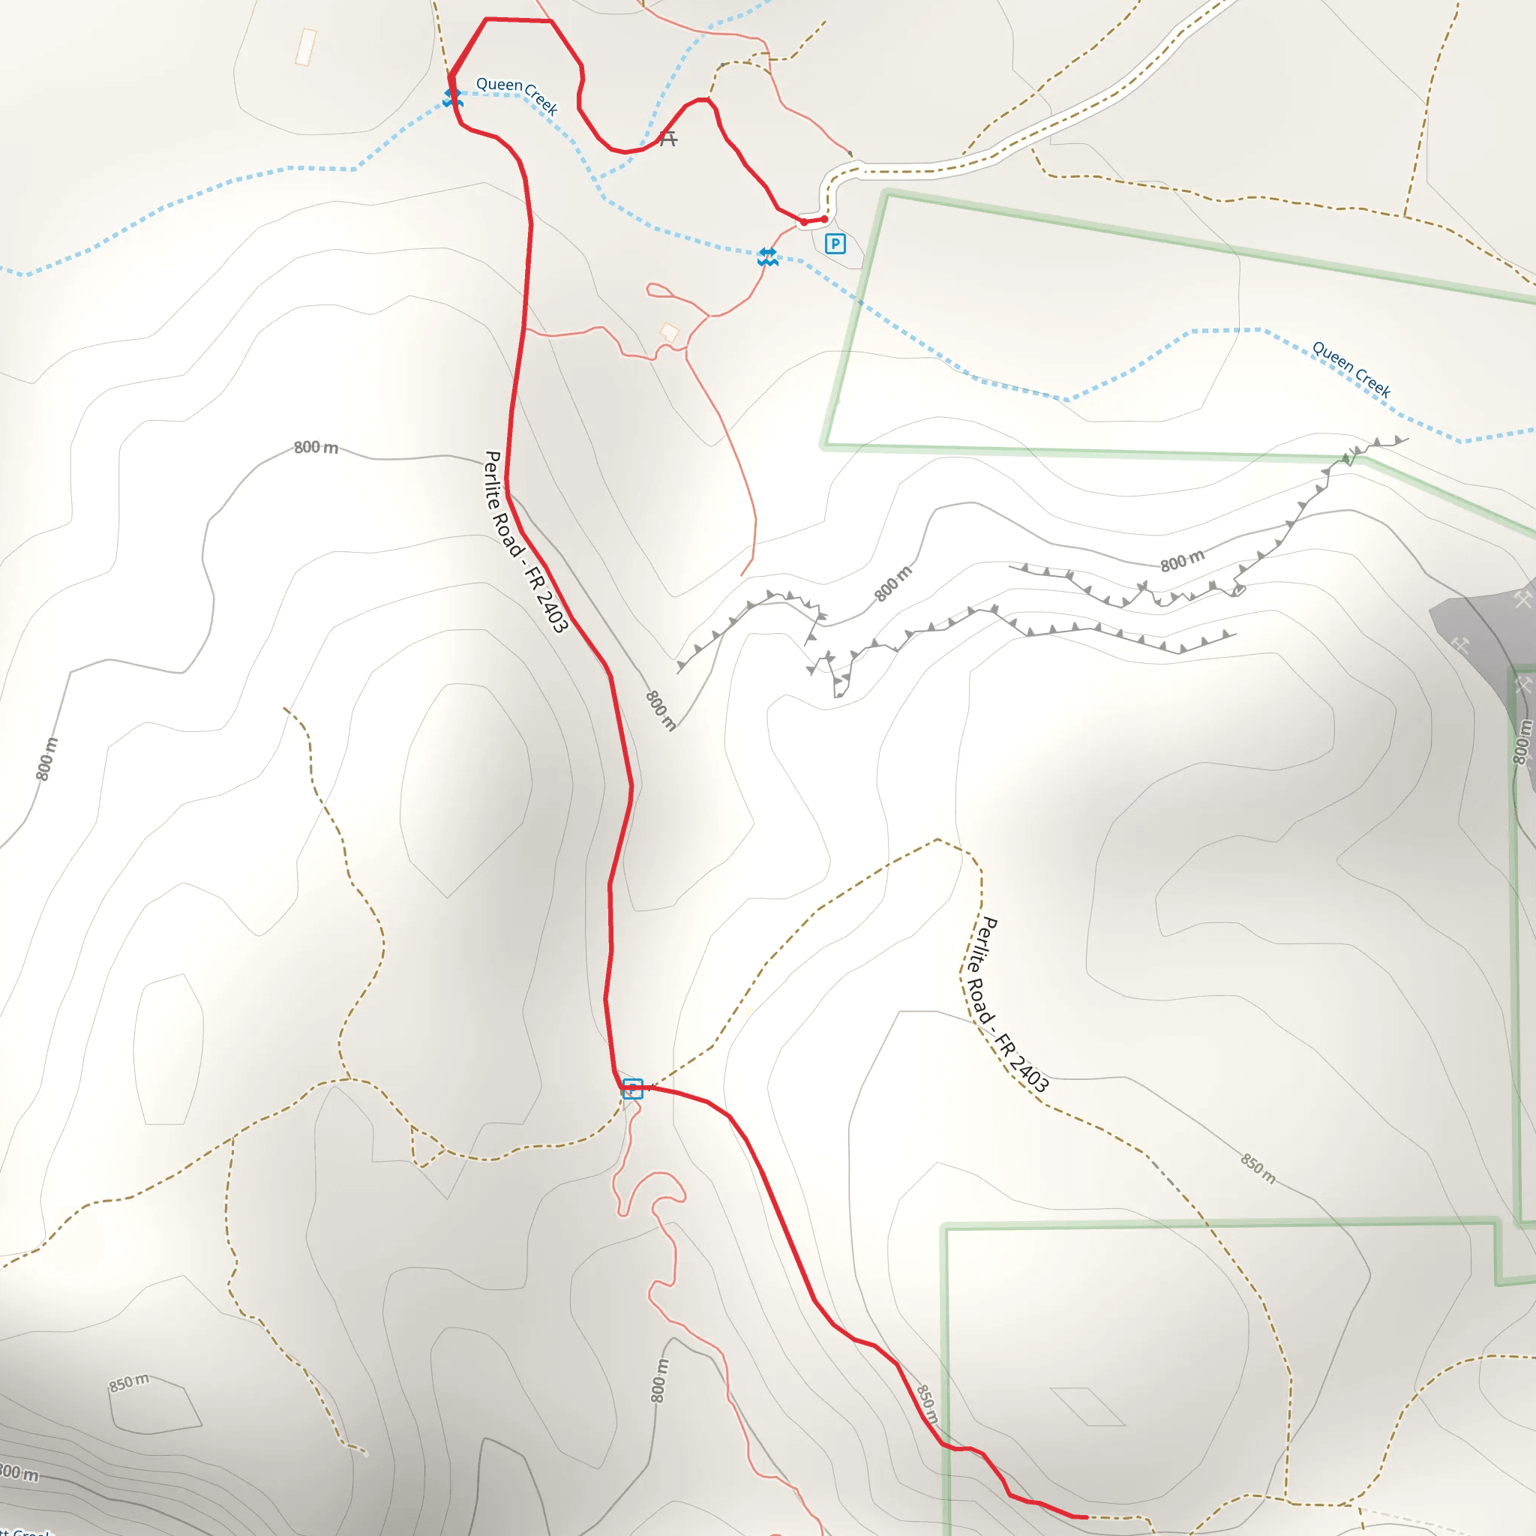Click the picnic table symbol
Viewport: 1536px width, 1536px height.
667,139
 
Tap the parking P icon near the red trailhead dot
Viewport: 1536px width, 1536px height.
835,244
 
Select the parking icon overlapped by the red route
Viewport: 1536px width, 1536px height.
632,1088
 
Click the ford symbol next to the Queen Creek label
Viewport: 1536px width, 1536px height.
452,97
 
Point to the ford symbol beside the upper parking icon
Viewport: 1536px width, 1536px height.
767,256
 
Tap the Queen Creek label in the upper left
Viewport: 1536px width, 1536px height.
517,94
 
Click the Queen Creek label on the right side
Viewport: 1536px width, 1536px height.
1351,369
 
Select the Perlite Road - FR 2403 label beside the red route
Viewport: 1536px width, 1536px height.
526,541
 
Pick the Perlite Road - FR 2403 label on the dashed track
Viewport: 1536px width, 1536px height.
1008,1003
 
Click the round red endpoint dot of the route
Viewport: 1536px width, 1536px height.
824,220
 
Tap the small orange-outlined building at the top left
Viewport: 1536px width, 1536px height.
306,47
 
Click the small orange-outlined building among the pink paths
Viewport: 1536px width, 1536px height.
670,332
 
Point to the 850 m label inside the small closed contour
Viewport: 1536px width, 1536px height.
129,1382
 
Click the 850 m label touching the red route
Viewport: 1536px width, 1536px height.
927,1405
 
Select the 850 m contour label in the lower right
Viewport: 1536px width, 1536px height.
1258,1169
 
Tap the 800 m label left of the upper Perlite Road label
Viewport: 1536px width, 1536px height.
316,448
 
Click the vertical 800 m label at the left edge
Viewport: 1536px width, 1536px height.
47,758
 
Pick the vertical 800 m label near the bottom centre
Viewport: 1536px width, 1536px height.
659,1380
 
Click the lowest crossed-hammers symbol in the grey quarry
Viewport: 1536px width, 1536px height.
1523,685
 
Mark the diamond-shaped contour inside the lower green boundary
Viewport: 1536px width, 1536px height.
1087,1407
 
